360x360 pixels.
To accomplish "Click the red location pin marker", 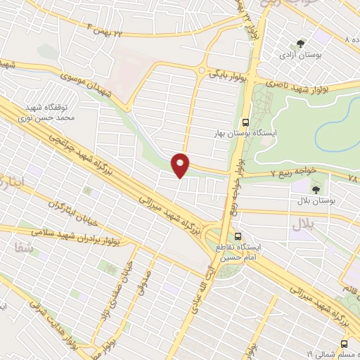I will [x=181, y=164].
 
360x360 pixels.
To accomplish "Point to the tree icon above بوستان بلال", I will [x=315, y=188].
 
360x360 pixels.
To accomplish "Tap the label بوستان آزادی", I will [x=296, y=55].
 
